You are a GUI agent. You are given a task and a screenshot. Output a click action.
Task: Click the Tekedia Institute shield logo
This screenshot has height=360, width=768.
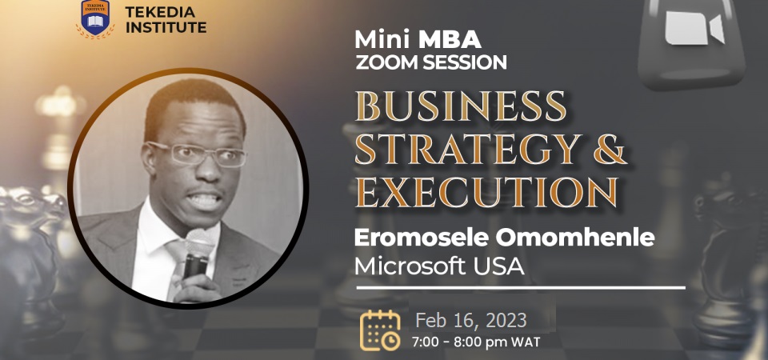[x=95, y=18]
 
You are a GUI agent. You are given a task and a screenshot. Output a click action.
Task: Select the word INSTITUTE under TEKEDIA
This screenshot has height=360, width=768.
[x=166, y=27]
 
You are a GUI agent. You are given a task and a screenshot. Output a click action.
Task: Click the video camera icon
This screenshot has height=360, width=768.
[x=694, y=29]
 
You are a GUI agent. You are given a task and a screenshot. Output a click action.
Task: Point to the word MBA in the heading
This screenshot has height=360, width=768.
[x=450, y=40]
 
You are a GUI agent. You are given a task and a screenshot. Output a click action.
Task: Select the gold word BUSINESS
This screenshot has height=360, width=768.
[x=461, y=106]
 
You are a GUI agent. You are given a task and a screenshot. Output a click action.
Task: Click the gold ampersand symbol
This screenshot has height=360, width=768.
[x=610, y=149]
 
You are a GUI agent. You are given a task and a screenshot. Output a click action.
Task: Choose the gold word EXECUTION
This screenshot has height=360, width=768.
[x=486, y=193]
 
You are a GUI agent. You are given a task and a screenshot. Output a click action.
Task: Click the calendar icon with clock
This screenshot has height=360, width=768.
[x=380, y=330]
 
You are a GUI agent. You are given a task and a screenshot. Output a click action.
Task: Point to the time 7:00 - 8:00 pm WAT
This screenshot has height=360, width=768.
[x=476, y=342]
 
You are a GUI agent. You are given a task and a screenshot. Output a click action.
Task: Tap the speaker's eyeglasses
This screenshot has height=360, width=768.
[x=197, y=154]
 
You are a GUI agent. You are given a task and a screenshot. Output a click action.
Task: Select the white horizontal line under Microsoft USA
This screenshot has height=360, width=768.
[x=521, y=287]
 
